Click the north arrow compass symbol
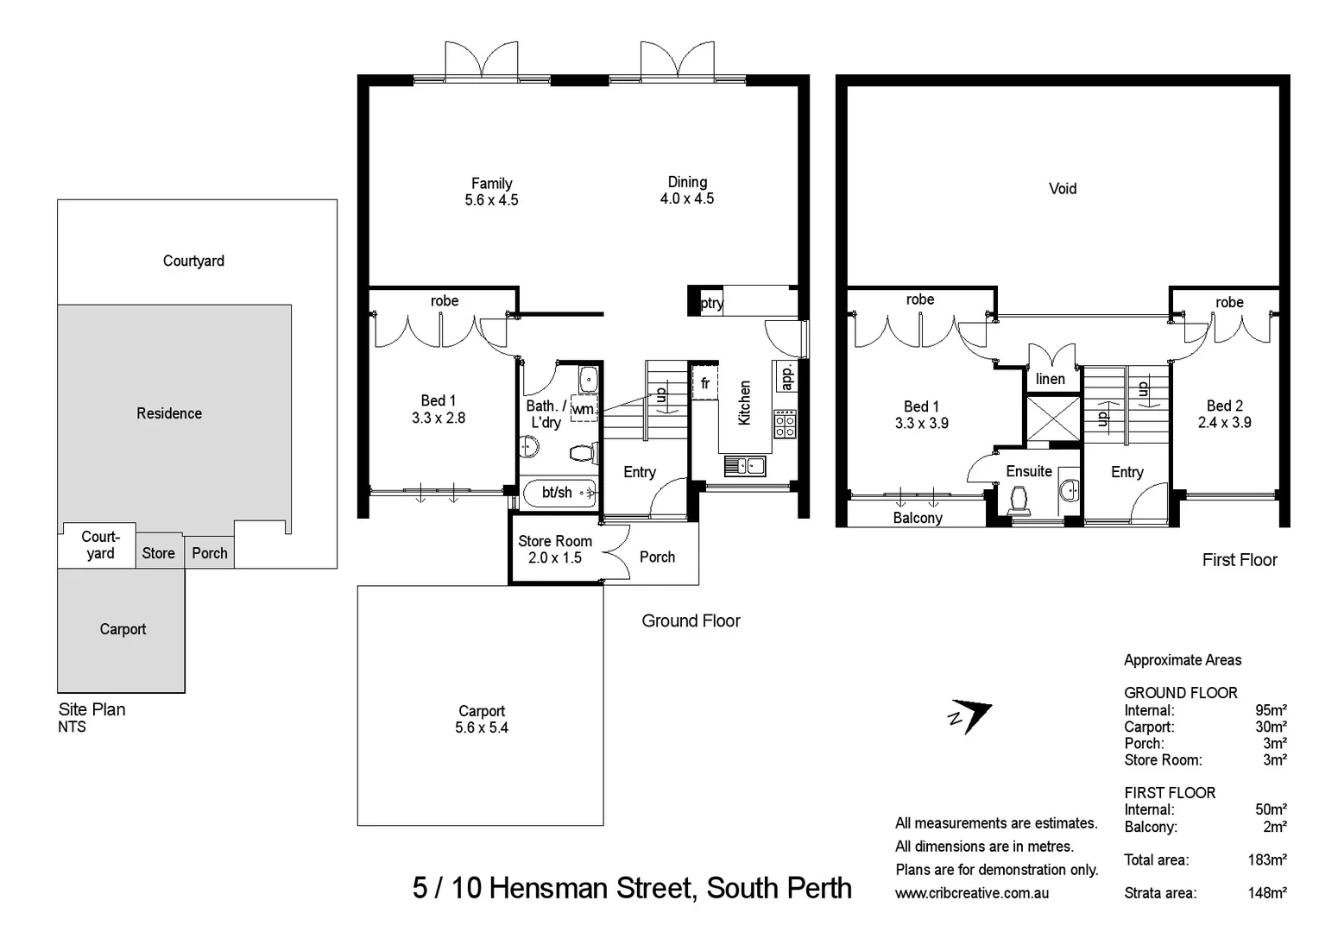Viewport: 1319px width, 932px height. [x=971, y=715]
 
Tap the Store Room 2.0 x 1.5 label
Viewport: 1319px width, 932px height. [x=554, y=550]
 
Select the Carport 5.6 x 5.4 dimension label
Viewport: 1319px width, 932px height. [x=482, y=720]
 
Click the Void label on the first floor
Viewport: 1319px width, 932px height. [x=1062, y=189]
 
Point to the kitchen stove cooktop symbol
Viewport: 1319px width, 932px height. [x=785, y=424]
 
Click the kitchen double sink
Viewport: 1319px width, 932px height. [x=744, y=466]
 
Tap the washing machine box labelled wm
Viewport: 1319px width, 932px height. [x=584, y=409]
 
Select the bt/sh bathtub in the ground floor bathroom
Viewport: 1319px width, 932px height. [x=559, y=493]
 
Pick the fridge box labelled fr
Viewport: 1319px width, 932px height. [x=705, y=383]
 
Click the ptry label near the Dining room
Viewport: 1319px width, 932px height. [x=711, y=303]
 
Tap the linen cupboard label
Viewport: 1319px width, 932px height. [x=1050, y=379]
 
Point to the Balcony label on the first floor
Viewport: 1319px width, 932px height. [x=917, y=518]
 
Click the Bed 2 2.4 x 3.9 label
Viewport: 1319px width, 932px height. [x=1224, y=414]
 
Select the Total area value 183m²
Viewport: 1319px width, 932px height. [x=1266, y=860]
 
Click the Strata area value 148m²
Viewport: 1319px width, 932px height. [x=1266, y=893]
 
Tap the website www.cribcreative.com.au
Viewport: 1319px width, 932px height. [x=972, y=893]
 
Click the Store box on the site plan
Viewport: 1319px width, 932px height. [x=159, y=553]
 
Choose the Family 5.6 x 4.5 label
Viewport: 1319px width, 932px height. [x=491, y=192]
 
